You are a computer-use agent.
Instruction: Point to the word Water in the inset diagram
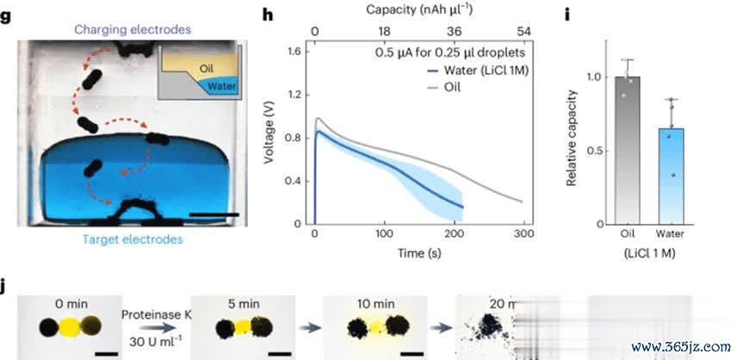[221, 86]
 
